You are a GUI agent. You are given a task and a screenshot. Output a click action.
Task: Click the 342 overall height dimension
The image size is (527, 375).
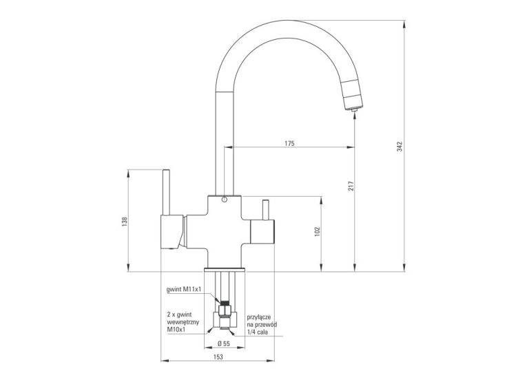tap(400, 147)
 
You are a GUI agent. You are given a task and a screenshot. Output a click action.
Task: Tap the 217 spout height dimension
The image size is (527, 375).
tap(351, 186)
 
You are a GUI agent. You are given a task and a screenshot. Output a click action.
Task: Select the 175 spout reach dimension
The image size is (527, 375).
tap(289, 143)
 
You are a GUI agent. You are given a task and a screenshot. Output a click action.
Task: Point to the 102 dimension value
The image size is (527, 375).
tap(318, 232)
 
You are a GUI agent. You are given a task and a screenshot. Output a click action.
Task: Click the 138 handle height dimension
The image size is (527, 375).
tap(125, 222)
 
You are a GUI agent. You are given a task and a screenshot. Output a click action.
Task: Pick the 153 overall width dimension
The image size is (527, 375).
tap(218, 357)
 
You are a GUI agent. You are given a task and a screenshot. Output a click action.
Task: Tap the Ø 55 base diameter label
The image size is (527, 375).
tap(224, 343)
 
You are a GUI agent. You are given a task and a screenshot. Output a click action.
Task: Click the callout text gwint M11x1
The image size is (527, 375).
tap(183, 290)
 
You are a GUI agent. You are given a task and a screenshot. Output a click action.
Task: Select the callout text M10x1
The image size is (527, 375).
tap(177, 330)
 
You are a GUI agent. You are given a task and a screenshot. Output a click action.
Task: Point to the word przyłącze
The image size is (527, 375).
tap(259, 317)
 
